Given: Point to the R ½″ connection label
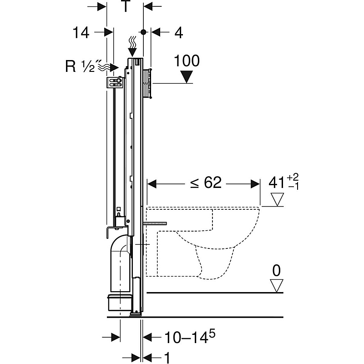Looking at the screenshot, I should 80,67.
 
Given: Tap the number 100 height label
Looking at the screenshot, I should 187,61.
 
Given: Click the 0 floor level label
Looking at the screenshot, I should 276,271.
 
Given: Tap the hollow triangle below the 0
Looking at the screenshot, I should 276,285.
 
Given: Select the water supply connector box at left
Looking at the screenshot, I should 114,82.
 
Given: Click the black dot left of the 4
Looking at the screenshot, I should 143,32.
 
